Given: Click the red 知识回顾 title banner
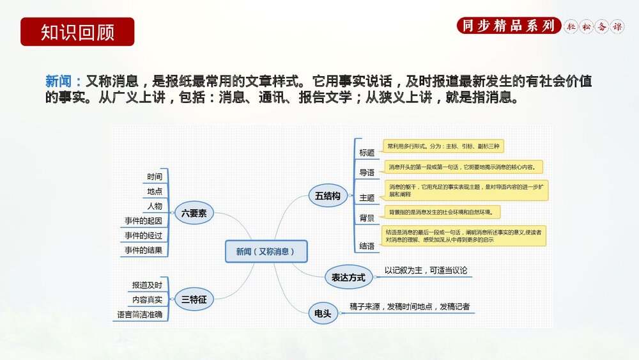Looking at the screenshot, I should pos(77,32).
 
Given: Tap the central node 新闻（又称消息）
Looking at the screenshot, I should pos(266,251).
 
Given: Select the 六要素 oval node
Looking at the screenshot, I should pos(194,214).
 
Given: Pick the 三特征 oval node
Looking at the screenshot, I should pos(194,299).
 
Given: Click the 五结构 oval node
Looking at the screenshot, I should pos(328,196).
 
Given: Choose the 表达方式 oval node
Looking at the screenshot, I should pos(348,277).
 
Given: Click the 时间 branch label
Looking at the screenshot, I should pos(154,177).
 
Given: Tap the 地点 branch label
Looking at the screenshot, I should pos(154,191).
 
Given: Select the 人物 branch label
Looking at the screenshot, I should pos(154,206).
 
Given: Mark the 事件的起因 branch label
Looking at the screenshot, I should pos(144,221).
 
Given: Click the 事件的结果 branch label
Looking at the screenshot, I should pos(144,250).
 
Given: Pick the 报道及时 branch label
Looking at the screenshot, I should pos(147,285).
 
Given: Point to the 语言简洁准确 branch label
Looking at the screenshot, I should pos(139,315).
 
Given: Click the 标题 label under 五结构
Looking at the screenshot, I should pos(367,153).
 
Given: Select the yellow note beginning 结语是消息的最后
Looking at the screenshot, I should pos(464,235).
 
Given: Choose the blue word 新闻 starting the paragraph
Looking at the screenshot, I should pos(59,81).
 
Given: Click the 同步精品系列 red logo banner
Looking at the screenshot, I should pos(509,26).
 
